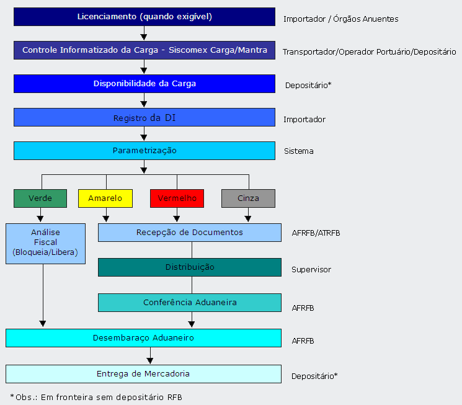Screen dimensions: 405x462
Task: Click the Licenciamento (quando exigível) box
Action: coord(144,17)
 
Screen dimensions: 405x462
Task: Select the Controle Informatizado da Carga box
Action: coord(144,50)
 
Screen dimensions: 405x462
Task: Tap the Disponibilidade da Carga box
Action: coord(144,84)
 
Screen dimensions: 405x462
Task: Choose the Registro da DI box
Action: coord(144,117)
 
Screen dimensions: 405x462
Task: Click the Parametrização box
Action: coord(144,151)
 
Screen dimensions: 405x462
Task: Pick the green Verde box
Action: coord(40,198)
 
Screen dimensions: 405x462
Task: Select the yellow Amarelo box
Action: coord(105,198)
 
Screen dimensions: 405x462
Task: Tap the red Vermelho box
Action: coord(177,198)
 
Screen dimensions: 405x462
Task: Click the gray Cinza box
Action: coord(248,198)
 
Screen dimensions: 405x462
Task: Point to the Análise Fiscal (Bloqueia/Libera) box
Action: coord(45,243)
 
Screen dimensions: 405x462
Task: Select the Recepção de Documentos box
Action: coord(189,233)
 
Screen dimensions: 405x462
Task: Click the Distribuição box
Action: coord(189,267)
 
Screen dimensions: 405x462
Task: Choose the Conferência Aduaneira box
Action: coord(189,303)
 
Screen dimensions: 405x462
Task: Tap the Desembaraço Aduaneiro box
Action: coord(143,338)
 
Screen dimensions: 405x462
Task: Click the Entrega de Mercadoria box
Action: coord(143,374)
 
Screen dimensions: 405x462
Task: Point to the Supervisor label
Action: coord(311,270)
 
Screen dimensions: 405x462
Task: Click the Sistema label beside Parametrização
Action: coord(299,151)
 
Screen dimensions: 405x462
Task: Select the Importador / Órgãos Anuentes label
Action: coord(340,19)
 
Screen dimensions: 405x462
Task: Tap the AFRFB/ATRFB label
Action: coord(316,234)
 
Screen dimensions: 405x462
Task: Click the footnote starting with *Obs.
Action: coord(96,397)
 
